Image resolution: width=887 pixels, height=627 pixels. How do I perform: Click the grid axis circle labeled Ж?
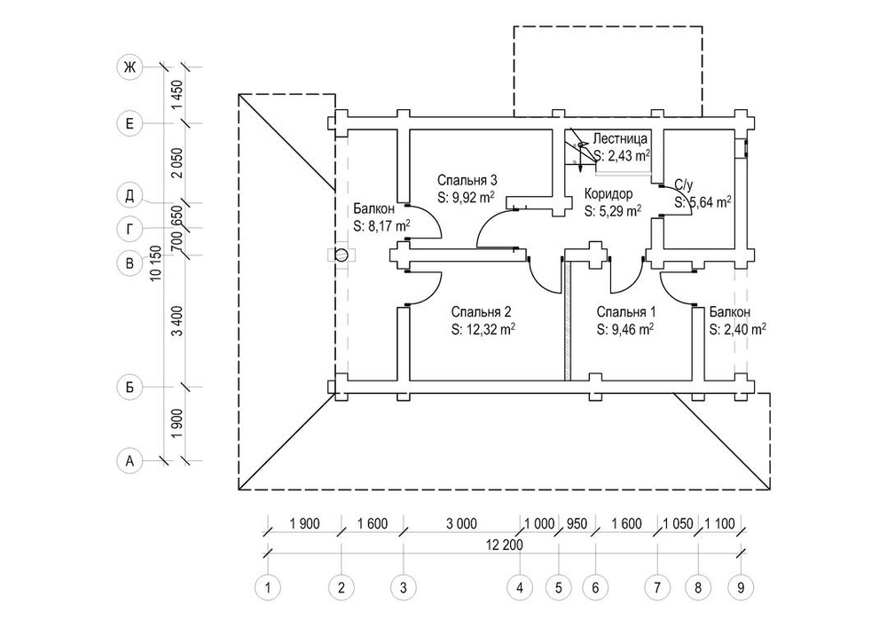[x=130, y=67]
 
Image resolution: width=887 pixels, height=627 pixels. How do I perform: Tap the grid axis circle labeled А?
[x=130, y=460]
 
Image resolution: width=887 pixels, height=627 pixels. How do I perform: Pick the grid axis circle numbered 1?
[x=266, y=586]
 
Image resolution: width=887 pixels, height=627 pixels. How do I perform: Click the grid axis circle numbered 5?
[x=559, y=586]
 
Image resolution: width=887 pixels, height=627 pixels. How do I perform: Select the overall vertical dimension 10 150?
[x=156, y=263]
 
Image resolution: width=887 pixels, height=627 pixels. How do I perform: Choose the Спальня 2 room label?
[x=481, y=312]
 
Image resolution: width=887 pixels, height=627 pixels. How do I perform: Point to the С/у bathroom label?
[x=683, y=185]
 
